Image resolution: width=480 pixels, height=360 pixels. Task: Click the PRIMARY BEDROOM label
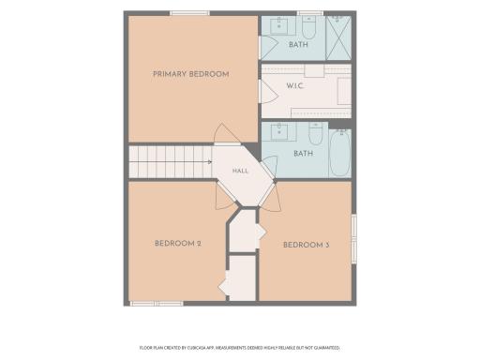[191, 74]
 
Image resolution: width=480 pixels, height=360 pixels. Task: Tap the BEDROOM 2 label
[178, 244]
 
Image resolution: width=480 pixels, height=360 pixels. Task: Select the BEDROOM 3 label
[306, 245]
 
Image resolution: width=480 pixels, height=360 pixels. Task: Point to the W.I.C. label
[294, 85]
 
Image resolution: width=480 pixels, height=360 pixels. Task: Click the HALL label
[240, 171]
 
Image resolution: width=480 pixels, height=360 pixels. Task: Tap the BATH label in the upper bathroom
[298, 44]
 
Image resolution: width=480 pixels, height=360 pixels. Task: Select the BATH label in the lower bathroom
[303, 154]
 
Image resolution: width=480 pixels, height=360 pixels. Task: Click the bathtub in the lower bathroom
[340, 153]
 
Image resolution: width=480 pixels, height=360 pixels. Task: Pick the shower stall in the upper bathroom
[338, 37]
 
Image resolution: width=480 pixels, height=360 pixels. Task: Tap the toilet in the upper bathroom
[309, 27]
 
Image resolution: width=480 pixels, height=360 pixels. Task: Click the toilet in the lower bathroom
[315, 133]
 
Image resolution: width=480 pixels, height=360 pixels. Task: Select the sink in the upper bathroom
[279, 25]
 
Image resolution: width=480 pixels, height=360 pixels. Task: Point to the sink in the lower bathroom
[279, 131]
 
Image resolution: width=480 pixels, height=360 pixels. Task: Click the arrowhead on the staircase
[210, 162]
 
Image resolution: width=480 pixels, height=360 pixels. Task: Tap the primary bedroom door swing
[226, 133]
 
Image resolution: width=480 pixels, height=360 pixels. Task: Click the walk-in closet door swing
[269, 91]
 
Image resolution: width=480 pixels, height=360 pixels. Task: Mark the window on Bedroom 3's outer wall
[354, 238]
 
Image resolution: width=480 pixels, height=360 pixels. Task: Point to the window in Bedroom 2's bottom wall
[157, 304]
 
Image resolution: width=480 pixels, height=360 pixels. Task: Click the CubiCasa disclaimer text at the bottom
[240, 348]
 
